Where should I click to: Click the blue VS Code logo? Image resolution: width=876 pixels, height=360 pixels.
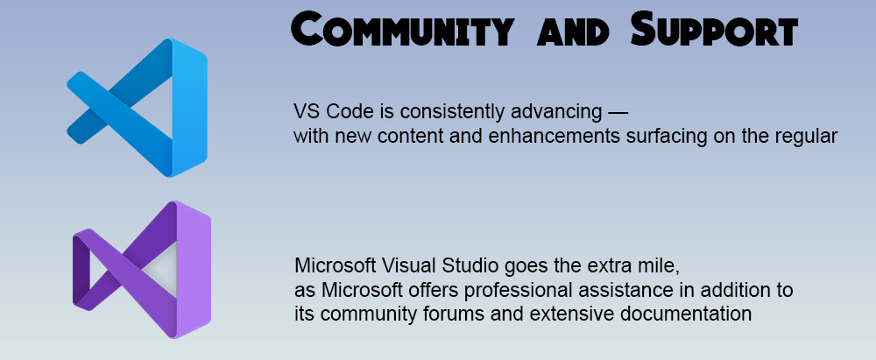(x=138, y=108)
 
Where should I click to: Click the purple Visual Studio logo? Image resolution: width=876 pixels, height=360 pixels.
(x=142, y=270)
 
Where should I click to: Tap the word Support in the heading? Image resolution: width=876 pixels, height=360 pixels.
(x=714, y=30)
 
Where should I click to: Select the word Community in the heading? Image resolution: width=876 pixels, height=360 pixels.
(x=402, y=30)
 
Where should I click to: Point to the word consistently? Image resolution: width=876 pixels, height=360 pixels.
(x=444, y=112)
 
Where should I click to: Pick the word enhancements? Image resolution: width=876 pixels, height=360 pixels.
(x=553, y=137)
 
